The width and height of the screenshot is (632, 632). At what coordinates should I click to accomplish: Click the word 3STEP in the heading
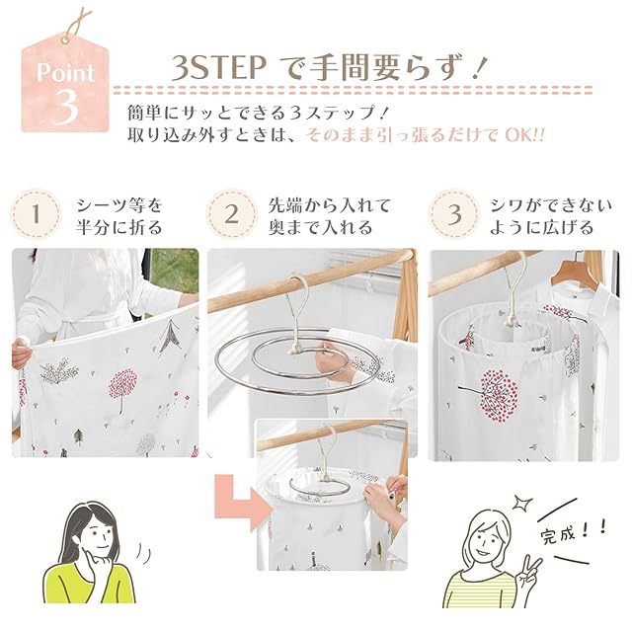tap(218, 68)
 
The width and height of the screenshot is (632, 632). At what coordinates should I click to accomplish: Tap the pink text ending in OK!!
tap(426, 135)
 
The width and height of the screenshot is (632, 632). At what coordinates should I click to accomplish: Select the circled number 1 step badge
tap(36, 214)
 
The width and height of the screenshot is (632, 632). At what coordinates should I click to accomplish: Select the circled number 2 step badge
tap(231, 214)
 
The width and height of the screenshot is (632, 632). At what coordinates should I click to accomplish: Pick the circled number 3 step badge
tap(454, 214)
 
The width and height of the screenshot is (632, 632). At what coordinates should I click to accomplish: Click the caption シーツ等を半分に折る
tap(119, 216)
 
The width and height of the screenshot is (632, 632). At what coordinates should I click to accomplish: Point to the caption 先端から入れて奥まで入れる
tap(330, 216)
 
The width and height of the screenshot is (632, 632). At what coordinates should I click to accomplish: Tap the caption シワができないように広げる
tap(551, 216)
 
